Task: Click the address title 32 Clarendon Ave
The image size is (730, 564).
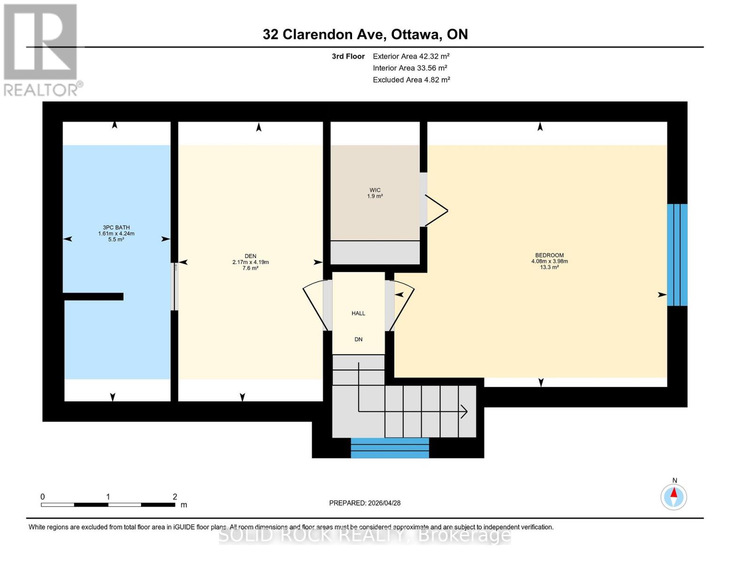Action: click(x=365, y=34)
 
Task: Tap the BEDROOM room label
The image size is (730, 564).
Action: click(x=549, y=256)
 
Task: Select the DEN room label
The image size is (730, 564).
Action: click(x=250, y=256)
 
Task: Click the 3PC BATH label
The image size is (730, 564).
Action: click(x=116, y=227)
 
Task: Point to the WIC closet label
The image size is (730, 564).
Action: click(x=375, y=190)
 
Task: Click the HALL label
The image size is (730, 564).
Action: click(x=358, y=313)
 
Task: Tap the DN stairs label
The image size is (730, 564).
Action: click(x=358, y=339)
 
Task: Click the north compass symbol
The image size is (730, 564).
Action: click(x=674, y=496)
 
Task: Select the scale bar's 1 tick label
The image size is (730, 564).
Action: click(x=108, y=497)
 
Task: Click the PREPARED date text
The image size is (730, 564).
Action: click(x=365, y=503)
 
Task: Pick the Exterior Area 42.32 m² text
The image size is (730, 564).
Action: click(x=411, y=56)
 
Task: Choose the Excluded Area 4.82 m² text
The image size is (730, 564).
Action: click(x=411, y=80)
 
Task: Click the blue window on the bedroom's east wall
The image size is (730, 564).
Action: click(x=677, y=255)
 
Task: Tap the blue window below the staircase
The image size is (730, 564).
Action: click(x=390, y=447)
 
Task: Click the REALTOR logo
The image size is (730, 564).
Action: click(x=41, y=49)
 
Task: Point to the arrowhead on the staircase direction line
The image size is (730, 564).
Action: click(x=464, y=412)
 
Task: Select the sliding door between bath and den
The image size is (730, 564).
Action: click(x=174, y=286)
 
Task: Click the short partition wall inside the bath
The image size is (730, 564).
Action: click(x=94, y=297)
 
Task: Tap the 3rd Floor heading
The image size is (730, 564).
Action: click(x=348, y=56)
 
